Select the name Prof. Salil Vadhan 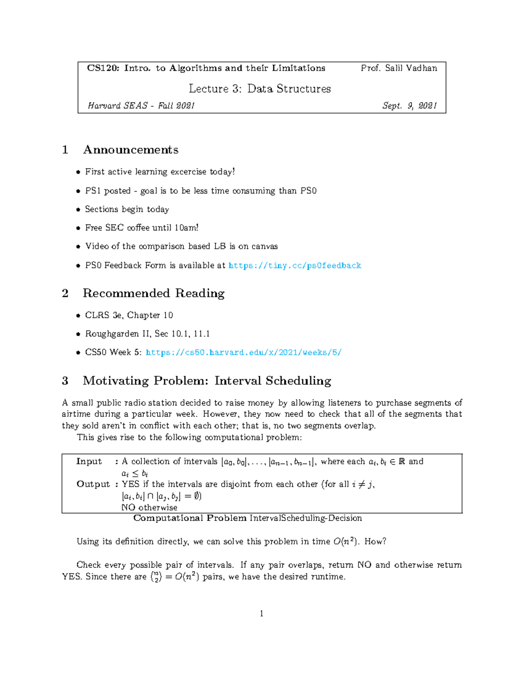coord(399,68)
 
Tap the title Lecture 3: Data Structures coord(259,89)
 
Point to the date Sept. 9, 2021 coord(409,106)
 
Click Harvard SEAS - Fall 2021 coord(141,106)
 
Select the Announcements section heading coord(131,150)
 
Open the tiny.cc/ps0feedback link coord(295,265)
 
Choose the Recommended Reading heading coord(153,293)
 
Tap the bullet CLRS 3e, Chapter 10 coord(129,315)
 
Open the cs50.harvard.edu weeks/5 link coord(243,352)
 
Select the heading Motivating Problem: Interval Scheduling coord(207,381)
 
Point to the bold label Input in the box coord(89,461)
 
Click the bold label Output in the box coord(93,484)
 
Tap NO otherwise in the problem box coord(149,507)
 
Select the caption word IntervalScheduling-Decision coord(306,518)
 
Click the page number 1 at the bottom coord(262,614)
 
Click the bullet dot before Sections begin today coord(78,210)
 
